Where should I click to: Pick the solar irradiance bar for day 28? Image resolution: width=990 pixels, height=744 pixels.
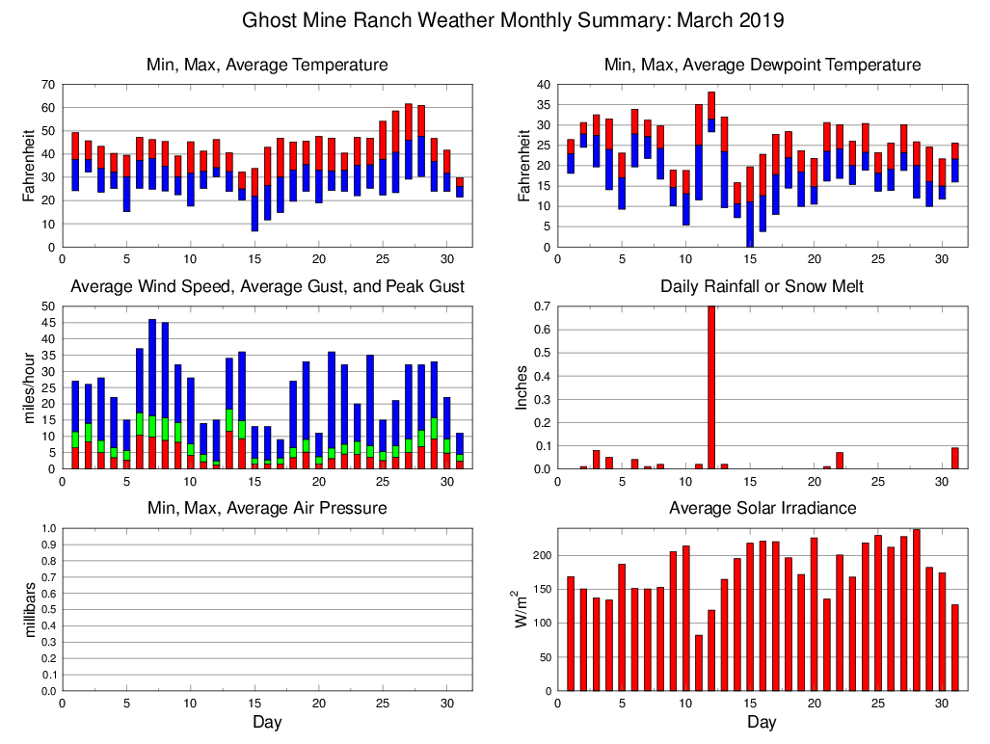(916, 610)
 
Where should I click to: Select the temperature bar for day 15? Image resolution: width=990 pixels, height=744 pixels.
(254, 200)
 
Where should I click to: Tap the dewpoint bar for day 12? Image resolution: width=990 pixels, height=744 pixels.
(711, 112)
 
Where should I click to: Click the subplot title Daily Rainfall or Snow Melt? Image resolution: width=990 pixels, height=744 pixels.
(762, 286)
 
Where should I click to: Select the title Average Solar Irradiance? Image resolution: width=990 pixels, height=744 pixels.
(762, 508)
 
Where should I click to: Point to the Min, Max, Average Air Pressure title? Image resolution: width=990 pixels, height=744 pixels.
(267, 508)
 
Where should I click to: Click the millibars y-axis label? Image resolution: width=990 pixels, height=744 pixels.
(30, 610)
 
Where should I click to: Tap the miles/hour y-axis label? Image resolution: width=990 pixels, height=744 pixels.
(30, 388)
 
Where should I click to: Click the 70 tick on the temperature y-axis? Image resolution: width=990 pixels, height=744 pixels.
(46, 85)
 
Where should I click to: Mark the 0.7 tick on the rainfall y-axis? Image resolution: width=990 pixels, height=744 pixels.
(541, 306)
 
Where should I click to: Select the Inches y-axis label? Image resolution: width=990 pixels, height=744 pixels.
(522, 388)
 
